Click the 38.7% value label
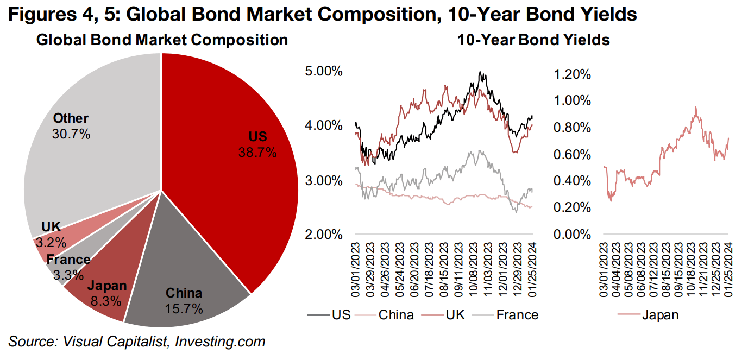click(257, 153)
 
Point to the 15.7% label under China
click(184, 309)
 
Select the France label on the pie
click(68, 260)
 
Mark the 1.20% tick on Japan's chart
click(572, 74)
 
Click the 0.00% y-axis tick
click(572, 235)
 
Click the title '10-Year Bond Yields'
click(533, 40)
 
